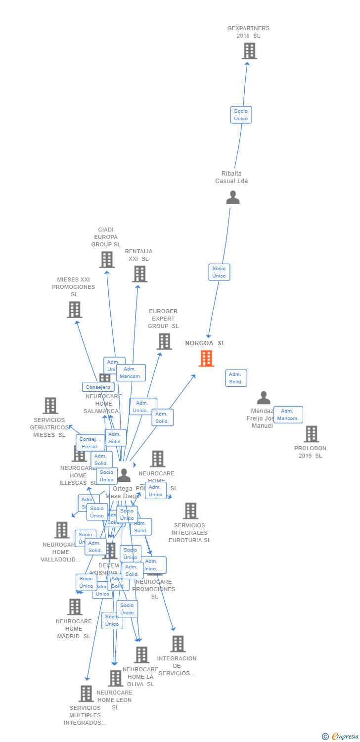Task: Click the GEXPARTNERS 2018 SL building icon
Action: (249, 50)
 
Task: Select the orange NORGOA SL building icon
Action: (206, 358)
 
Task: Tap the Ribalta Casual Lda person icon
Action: (232, 197)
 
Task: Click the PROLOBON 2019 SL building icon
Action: (311, 434)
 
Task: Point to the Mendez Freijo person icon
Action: (264, 398)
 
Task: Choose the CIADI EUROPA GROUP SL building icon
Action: (106, 259)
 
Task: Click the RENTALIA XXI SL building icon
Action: (139, 274)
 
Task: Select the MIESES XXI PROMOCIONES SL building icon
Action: (75, 310)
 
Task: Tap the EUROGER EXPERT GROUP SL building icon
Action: (164, 341)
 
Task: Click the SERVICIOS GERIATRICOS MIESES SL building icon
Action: (50, 406)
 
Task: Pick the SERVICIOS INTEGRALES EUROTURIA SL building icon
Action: (190, 511)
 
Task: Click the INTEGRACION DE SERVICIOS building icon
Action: (178, 644)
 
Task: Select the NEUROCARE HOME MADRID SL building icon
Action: (75, 606)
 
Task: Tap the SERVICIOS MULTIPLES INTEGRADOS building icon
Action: (86, 694)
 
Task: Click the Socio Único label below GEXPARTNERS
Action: (241, 115)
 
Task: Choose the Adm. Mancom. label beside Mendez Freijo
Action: (288, 415)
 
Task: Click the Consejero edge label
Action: (98, 387)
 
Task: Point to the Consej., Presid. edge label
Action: (90, 443)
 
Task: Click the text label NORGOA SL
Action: (205, 343)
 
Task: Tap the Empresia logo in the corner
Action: (341, 737)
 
